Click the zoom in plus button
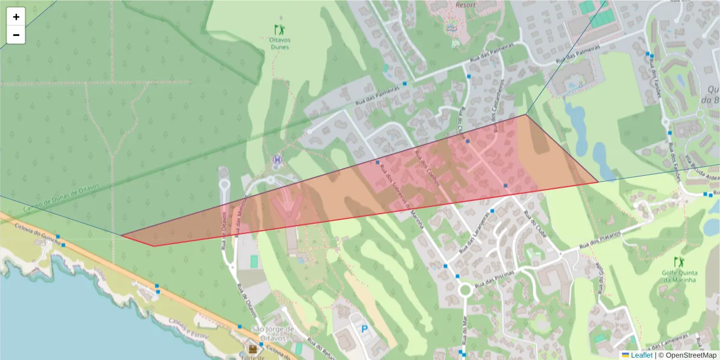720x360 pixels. [x=16, y=17]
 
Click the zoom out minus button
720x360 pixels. [x=16, y=35]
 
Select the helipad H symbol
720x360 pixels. [x=277, y=160]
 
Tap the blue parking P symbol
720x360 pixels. [x=364, y=329]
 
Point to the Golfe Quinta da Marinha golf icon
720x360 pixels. [x=679, y=262]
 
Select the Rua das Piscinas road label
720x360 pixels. [x=494, y=281]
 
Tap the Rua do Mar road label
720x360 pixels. [x=464, y=327]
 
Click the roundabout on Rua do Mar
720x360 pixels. [x=464, y=290]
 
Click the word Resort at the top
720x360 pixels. [x=466, y=5]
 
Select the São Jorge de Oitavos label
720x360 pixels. [x=272, y=333]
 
